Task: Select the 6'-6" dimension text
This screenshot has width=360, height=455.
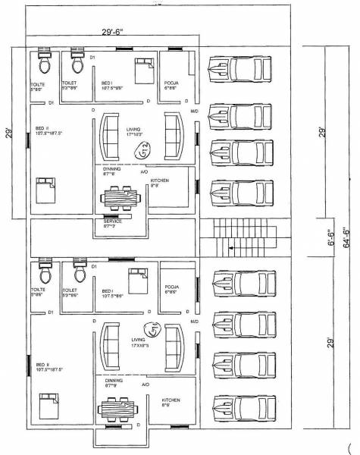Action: pyautogui.click(x=331, y=237)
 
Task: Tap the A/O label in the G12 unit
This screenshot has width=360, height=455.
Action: pyautogui.click(x=145, y=172)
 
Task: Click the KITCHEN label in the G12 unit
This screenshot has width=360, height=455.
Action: pyautogui.click(x=159, y=179)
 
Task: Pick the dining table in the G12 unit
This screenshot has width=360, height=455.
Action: pyautogui.click(x=121, y=199)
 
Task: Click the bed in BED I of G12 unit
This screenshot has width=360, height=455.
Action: pyautogui.click(x=142, y=71)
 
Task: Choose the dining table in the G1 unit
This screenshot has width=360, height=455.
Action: pyautogui.click(x=120, y=413)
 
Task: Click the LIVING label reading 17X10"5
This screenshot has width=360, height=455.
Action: pyautogui.click(x=140, y=344)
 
